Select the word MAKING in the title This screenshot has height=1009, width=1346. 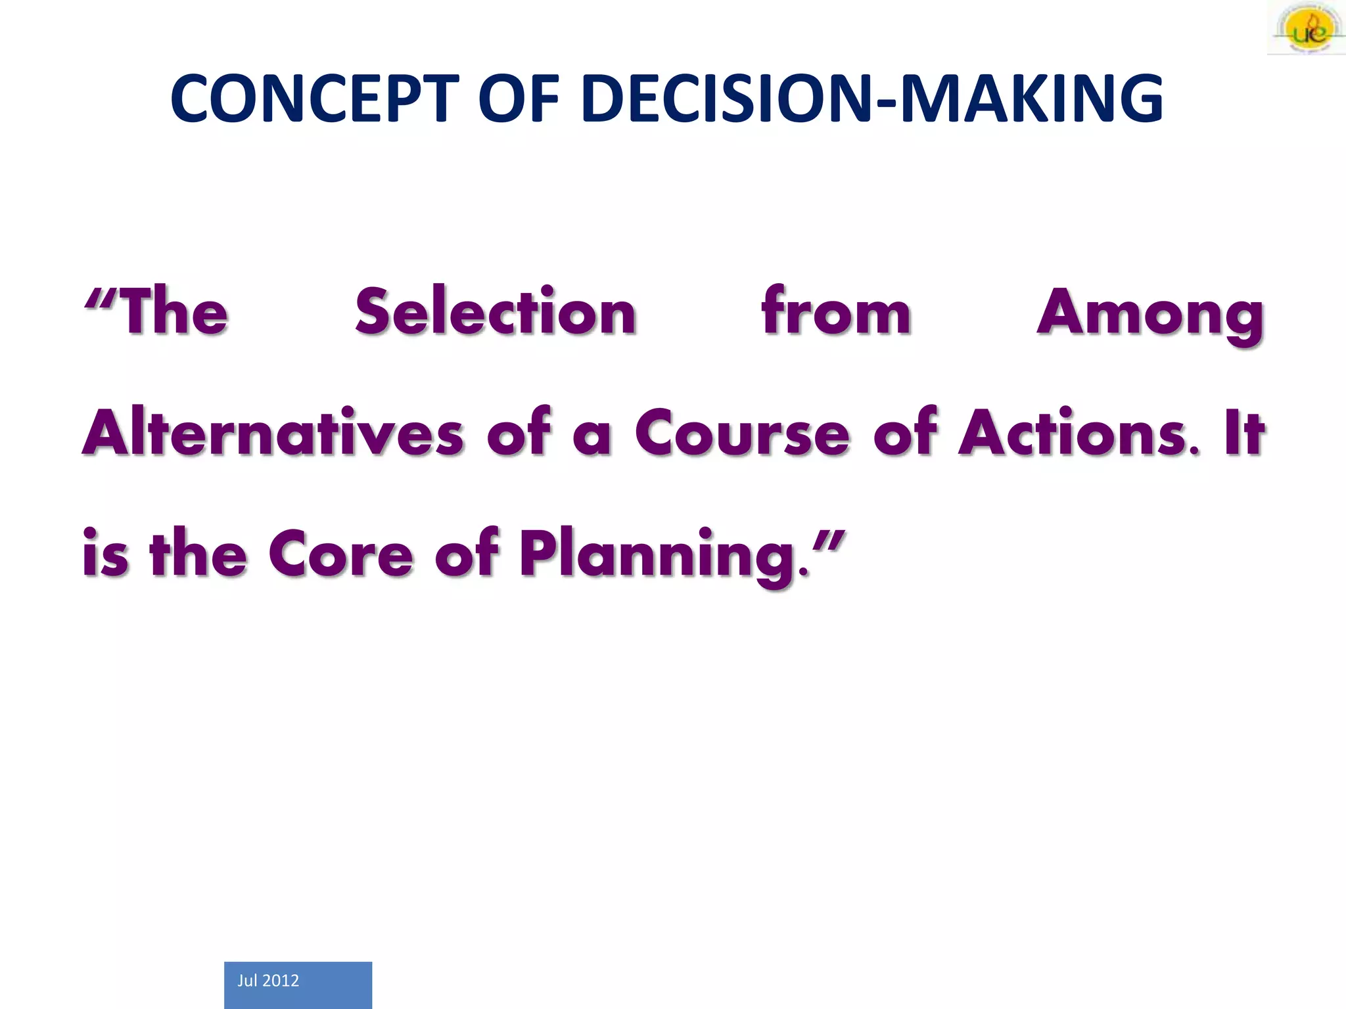(1031, 99)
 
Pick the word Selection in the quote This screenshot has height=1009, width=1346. (496, 311)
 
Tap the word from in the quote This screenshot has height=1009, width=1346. (836, 311)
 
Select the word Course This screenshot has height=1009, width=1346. (742, 434)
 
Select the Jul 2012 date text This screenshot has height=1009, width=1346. (268, 981)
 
